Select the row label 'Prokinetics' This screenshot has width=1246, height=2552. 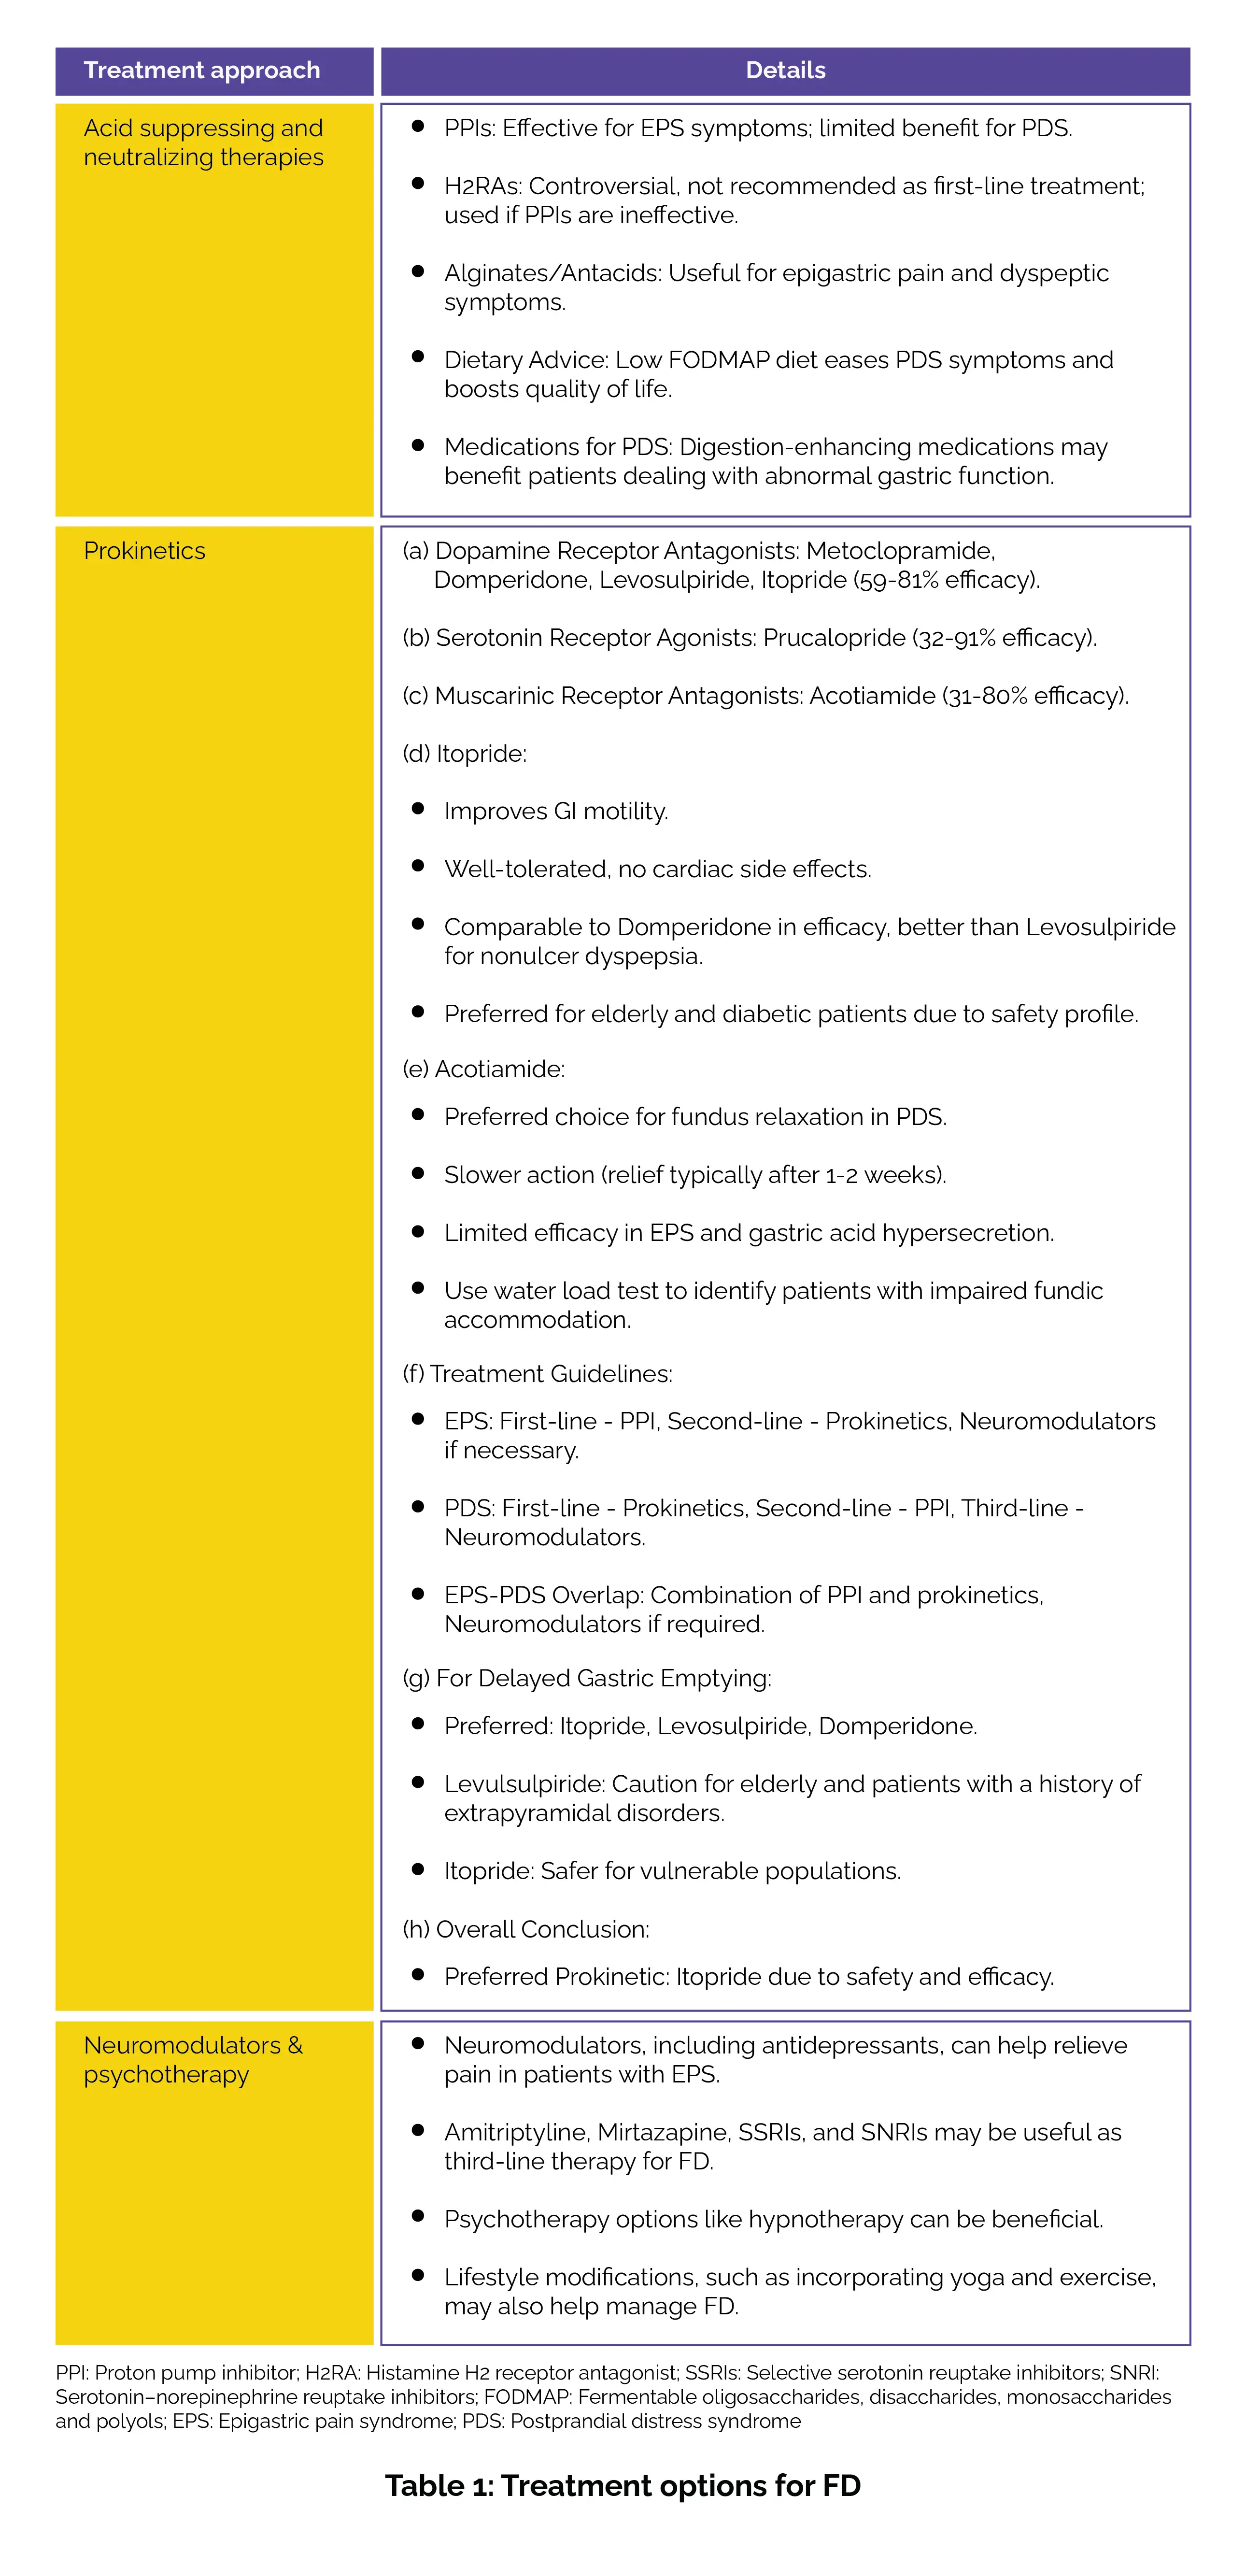(144, 551)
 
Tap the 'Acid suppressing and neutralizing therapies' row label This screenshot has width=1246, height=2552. (203, 143)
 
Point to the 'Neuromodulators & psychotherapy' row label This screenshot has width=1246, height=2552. (193, 2060)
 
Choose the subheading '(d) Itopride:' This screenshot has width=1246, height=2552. (465, 754)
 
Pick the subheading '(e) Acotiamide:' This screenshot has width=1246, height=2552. (483, 1069)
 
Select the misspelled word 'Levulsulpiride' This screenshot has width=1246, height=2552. (524, 1784)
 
